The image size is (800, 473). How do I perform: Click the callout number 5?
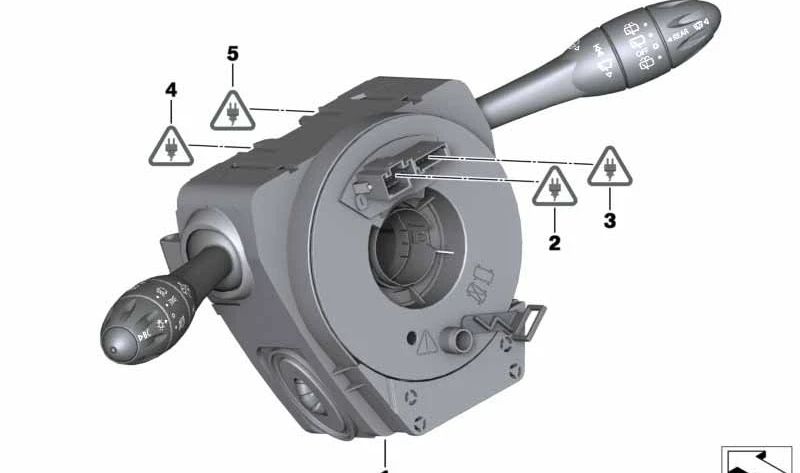point(233,53)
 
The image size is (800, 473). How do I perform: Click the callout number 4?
point(171,90)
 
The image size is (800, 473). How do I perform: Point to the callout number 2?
point(553,241)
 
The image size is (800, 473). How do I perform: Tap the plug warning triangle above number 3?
point(609,167)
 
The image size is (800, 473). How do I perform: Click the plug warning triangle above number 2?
point(553,187)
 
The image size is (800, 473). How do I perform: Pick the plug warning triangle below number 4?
point(169,147)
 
